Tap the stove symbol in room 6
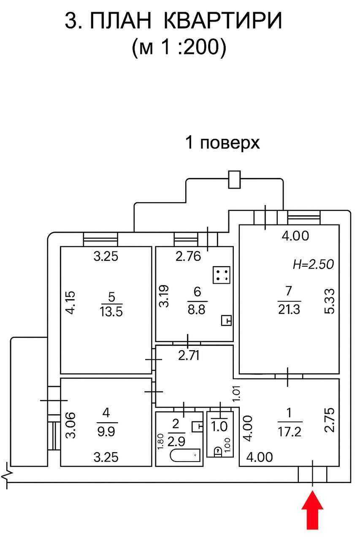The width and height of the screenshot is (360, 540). pos(221,275)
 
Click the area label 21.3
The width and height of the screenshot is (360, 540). pos(289,310)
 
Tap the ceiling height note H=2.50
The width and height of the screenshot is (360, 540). pos(314,264)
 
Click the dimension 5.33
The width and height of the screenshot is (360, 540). pos(329,301)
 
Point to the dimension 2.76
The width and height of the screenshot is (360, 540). pos(188,256)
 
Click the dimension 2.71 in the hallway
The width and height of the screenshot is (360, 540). pos(189,355)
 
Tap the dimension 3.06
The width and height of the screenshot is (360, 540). pos(71,425)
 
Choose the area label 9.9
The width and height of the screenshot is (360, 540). pos(107,431)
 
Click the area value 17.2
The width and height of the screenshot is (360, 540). pos(290,432)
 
